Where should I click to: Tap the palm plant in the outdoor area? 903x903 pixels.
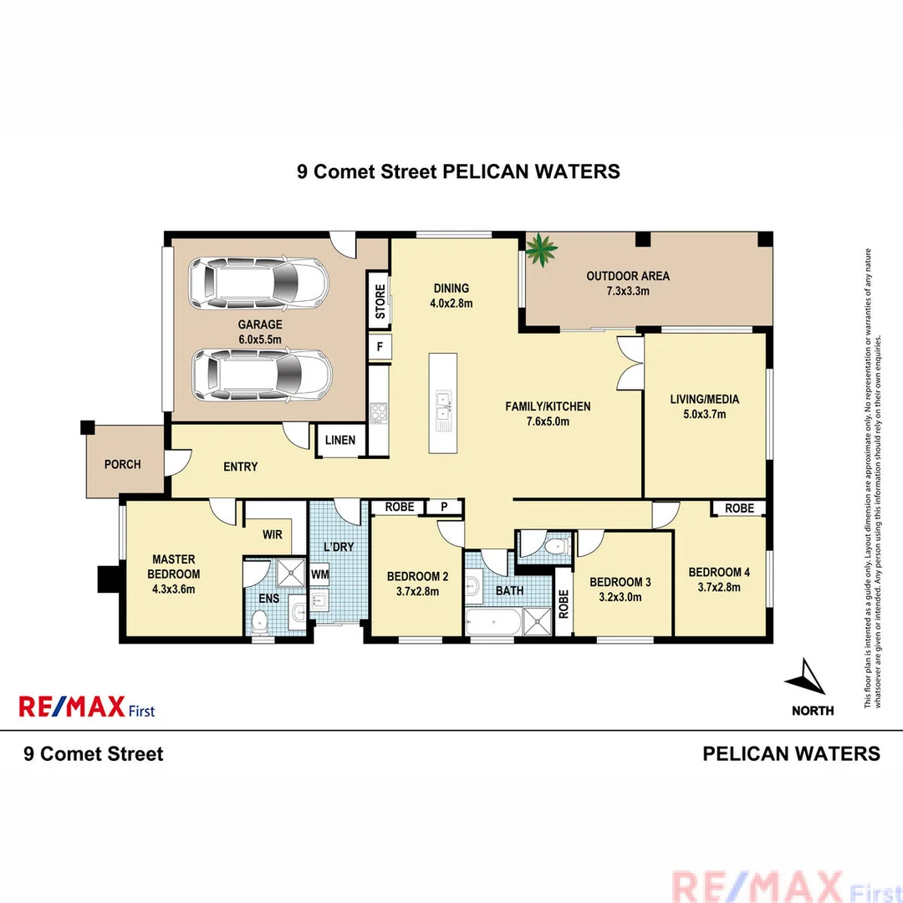[541, 250]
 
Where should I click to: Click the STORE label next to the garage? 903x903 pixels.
[380, 302]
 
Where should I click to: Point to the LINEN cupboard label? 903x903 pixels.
[339, 441]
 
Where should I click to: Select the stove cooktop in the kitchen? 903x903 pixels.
[379, 411]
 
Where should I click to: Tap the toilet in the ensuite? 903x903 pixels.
[259, 620]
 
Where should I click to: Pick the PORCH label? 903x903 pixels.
[123, 465]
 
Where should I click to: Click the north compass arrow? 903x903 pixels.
[809, 677]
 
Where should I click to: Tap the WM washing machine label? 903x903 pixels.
[319, 575]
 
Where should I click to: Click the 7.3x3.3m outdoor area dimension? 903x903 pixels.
[628, 291]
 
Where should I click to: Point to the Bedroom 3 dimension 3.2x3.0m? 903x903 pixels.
[620, 597]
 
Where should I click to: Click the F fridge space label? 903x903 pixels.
[379, 346]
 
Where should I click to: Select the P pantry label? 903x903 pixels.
[444, 508]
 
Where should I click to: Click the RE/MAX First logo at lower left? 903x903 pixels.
[86, 707]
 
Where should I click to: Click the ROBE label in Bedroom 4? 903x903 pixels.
[739, 508]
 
